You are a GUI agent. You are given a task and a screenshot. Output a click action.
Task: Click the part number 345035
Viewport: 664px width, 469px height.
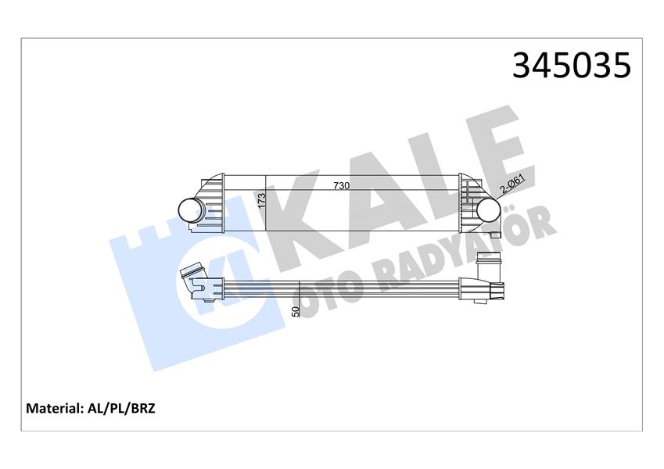(x=571, y=66)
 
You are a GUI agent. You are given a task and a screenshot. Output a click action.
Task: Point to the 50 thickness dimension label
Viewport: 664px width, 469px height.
(x=296, y=311)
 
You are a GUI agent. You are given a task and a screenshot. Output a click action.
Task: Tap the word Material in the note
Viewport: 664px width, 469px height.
(x=54, y=408)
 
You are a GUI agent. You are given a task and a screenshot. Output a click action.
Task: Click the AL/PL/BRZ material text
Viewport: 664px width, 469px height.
(x=121, y=408)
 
